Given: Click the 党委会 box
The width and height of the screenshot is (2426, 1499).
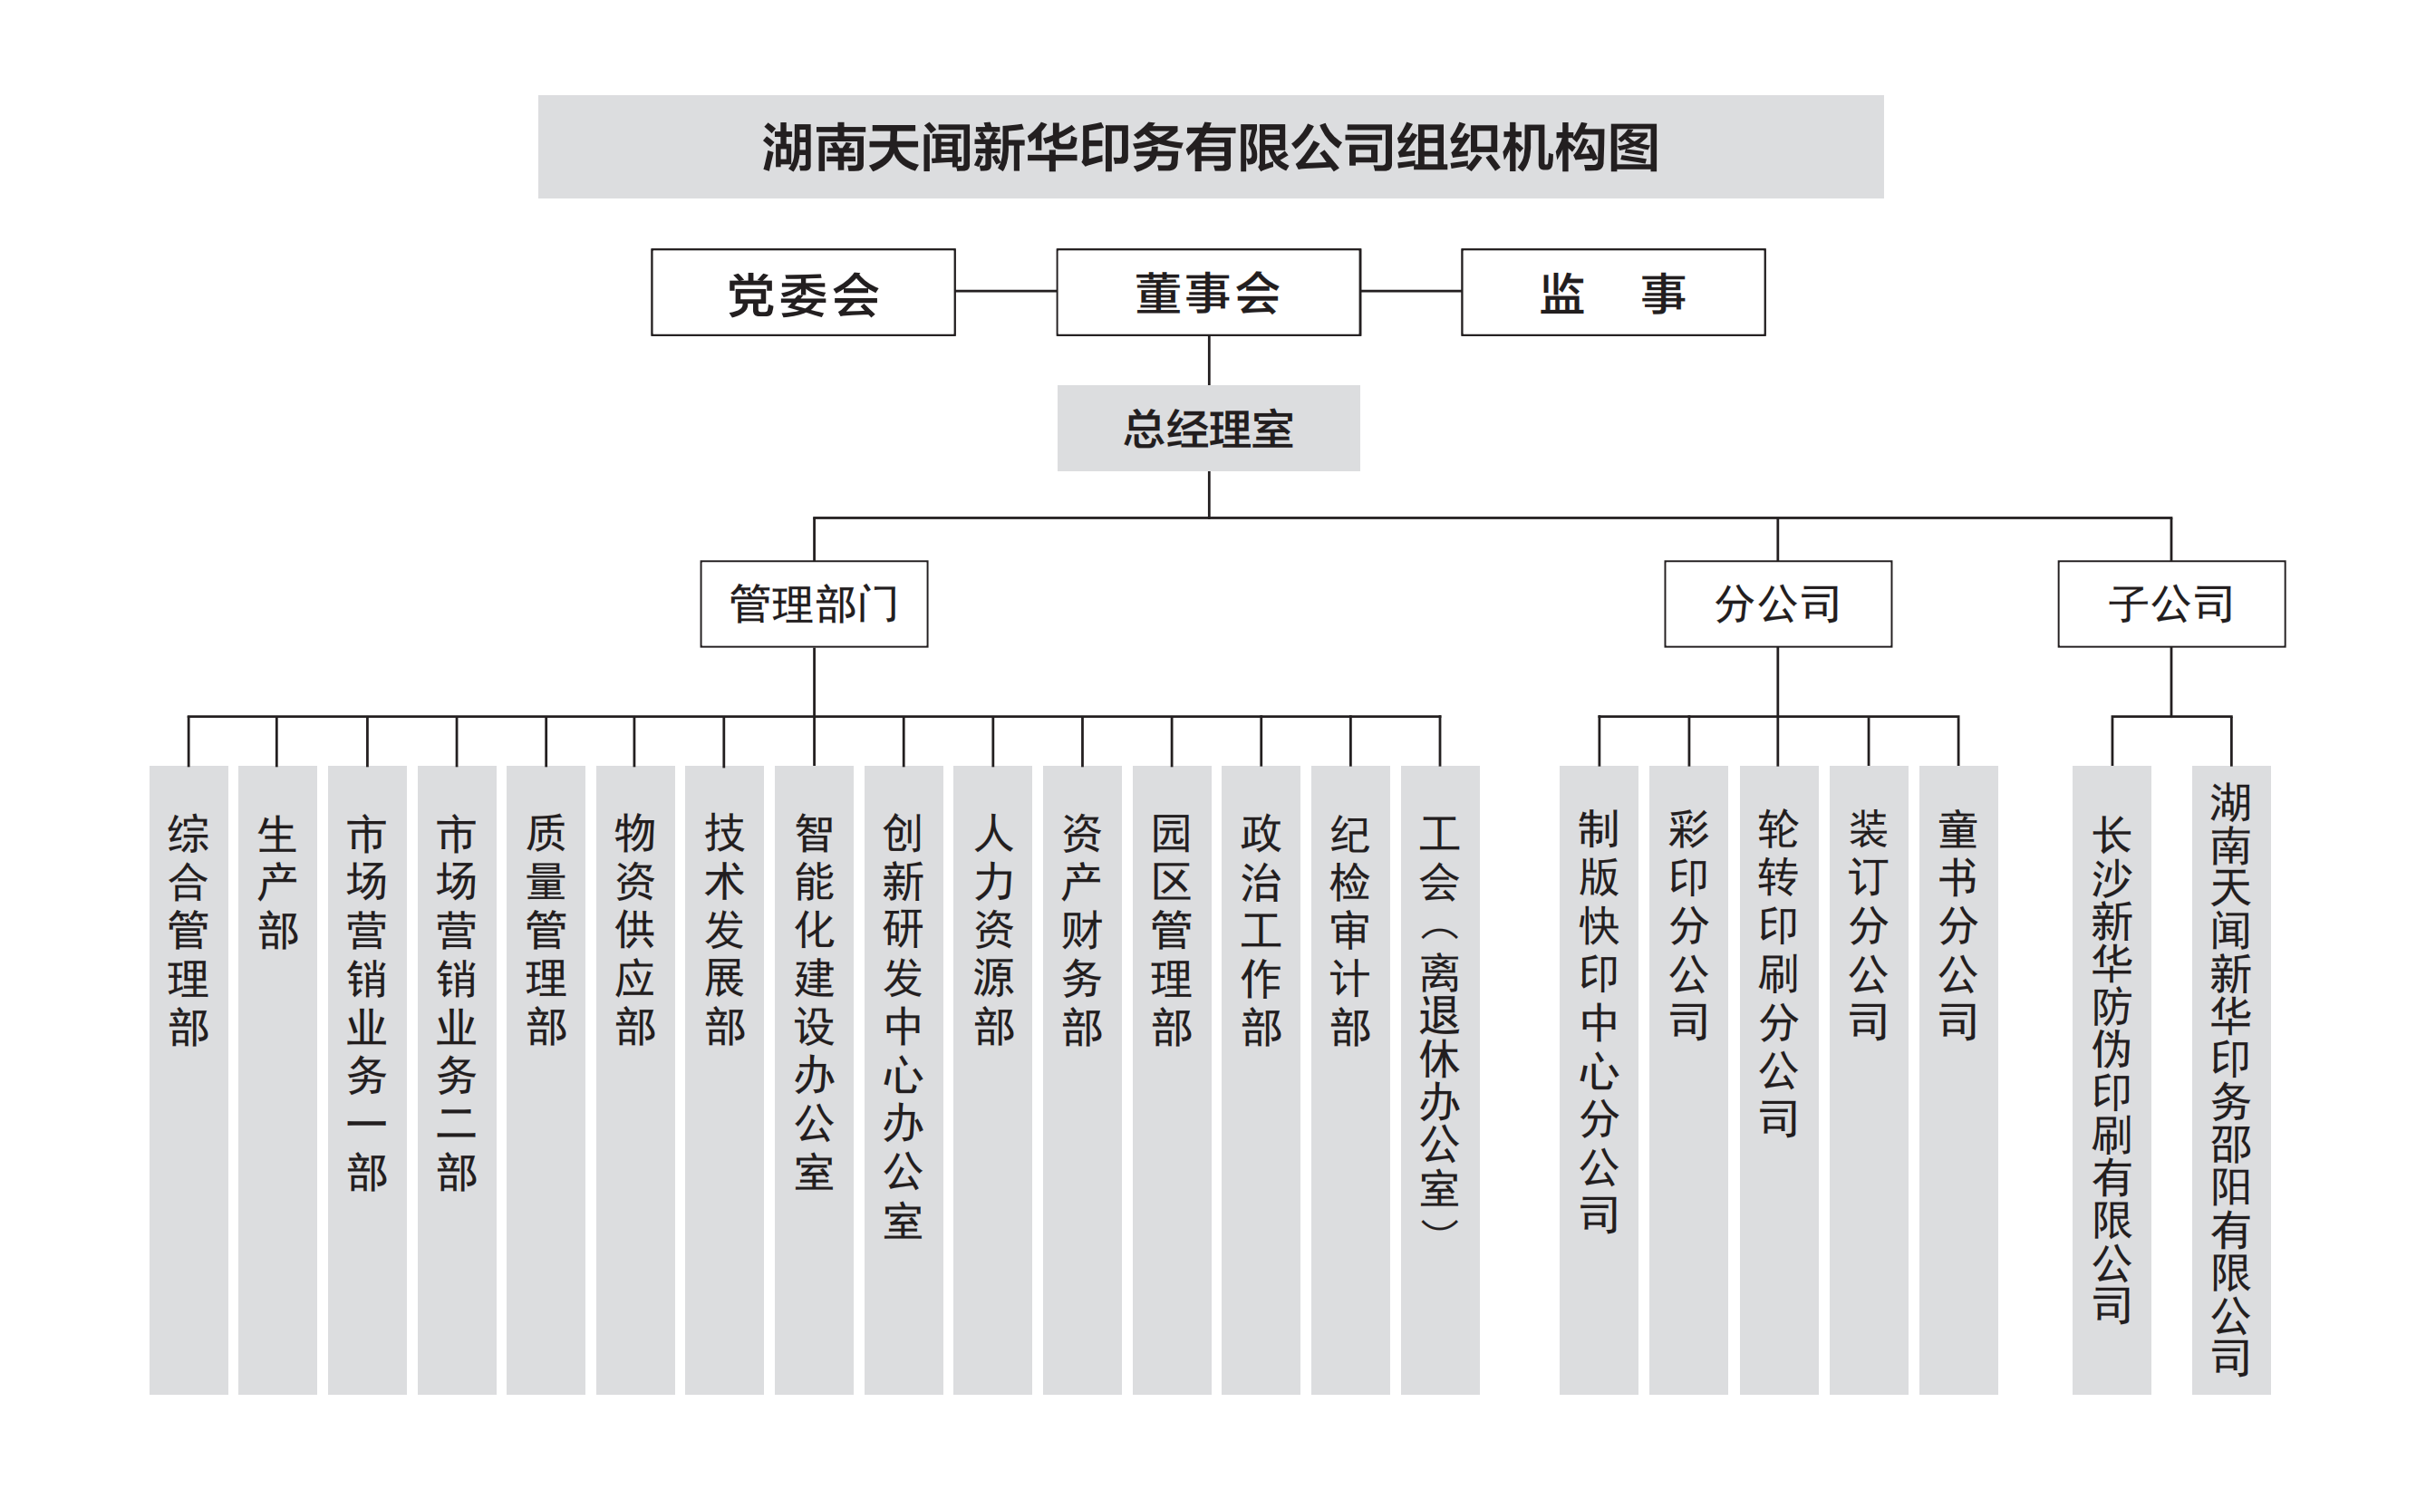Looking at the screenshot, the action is tap(802, 293).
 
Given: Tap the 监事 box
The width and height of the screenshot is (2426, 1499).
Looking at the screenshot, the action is tap(1613, 293).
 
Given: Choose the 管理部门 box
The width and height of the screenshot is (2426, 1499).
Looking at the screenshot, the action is tap(814, 604).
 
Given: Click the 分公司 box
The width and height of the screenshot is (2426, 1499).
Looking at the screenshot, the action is tap(1778, 604).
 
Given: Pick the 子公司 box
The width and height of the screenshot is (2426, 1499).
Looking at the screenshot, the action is tap(2171, 604).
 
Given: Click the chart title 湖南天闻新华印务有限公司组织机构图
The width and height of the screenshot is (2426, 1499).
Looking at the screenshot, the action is tap(1211, 147).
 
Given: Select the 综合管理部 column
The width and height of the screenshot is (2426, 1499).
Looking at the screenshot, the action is tap(188, 1079).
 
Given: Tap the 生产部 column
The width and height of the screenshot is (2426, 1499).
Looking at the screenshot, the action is tap(277, 1079).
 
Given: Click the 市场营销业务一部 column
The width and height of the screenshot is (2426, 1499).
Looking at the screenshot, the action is tap(367, 1079).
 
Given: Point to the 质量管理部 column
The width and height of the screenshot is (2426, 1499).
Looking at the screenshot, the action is tap(546, 1079).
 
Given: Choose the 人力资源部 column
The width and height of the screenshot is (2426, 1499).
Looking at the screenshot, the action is tap(992, 1079).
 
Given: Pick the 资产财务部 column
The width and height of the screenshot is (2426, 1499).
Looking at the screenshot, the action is tap(1082, 1079).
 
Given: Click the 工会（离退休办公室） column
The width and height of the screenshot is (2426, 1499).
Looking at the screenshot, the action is tap(1439, 1079).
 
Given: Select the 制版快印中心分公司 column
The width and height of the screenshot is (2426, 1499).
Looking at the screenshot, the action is tap(1599, 1079).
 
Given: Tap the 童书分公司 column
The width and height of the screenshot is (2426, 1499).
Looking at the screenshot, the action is tap(1958, 1079).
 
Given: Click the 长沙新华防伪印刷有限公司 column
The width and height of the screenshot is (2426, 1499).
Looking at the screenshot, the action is tap(2112, 1079).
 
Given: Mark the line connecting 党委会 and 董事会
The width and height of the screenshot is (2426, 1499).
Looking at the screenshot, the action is tap(1005, 292).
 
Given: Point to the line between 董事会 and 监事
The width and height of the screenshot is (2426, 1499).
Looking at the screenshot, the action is tap(1411, 292).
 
